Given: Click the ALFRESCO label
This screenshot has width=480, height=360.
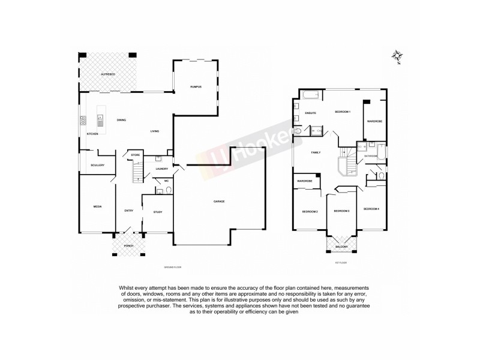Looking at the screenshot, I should [108, 74].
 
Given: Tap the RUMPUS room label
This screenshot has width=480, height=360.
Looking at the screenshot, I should [195, 87].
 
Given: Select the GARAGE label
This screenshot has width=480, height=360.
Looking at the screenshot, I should [220, 201].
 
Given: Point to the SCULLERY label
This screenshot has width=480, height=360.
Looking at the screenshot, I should [98, 165].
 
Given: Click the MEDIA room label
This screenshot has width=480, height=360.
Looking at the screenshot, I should [97, 206].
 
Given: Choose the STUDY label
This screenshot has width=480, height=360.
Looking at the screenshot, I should [158, 212].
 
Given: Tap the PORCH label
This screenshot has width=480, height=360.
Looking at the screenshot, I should [128, 246].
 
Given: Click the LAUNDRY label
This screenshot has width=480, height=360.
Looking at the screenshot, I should [162, 169].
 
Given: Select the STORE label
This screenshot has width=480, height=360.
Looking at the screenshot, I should [136, 155].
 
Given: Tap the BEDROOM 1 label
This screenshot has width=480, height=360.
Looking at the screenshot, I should [343, 112].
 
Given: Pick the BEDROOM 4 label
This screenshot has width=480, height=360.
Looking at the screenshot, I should [372, 209].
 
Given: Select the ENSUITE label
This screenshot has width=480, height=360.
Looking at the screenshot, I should [311, 113].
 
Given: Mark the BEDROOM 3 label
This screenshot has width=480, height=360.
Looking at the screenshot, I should [341, 211].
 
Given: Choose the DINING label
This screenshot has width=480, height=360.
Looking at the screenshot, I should [121, 120].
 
